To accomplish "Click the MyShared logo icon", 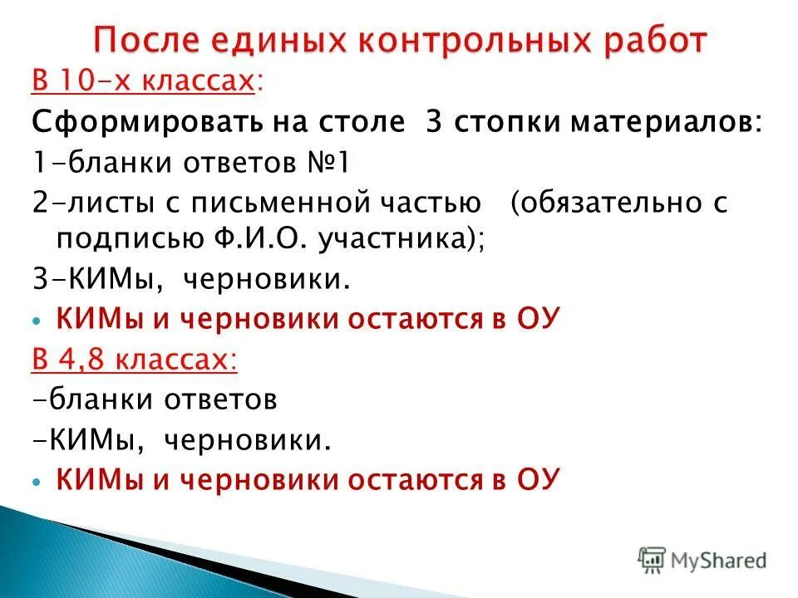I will click(x=653, y=560).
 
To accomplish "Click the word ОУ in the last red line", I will click(x=539, y=479).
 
